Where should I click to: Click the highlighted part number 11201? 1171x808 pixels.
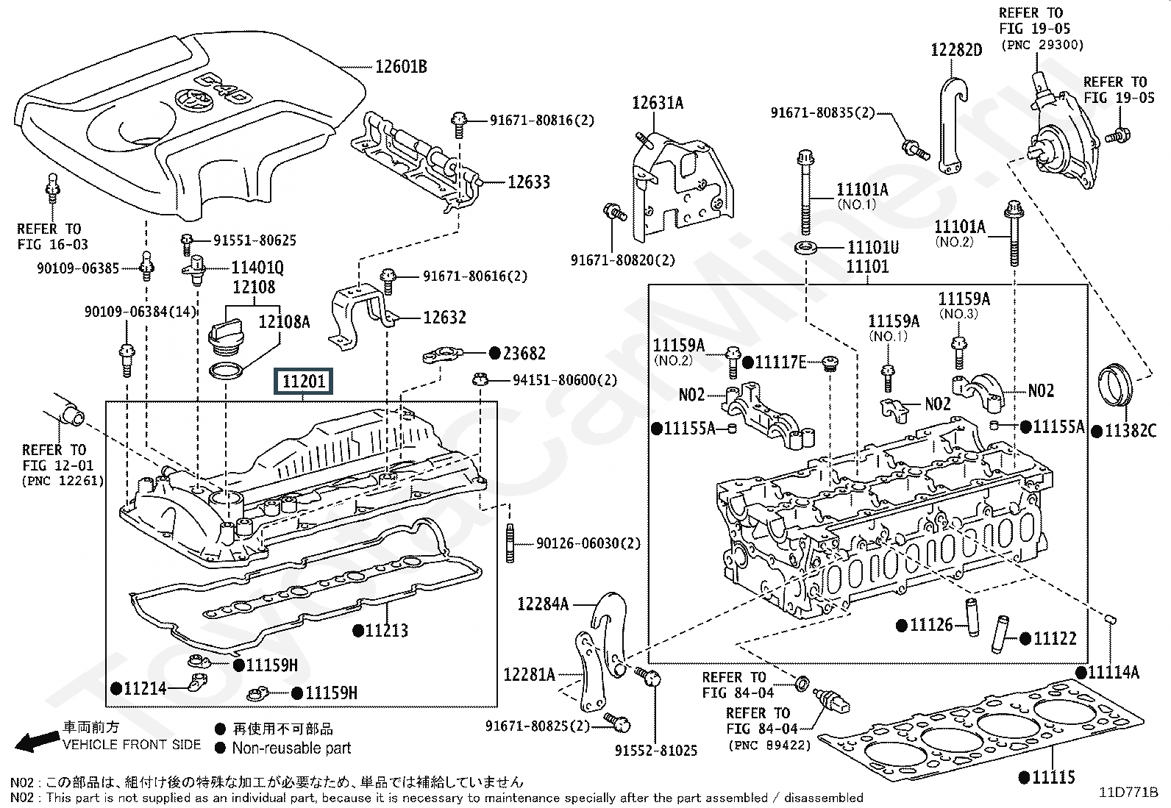304,381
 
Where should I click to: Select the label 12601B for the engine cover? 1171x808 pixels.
401,67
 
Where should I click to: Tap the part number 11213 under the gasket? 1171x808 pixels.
387,630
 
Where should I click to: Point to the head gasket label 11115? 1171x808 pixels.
1053,776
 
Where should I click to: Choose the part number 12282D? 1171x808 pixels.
956,50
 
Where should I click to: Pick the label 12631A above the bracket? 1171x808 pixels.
658,103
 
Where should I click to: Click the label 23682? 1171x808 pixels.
524,354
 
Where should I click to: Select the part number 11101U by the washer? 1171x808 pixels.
873,247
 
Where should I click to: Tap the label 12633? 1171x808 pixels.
528,182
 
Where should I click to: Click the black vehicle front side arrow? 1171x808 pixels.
36,741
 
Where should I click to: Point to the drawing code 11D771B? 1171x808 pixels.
1128,792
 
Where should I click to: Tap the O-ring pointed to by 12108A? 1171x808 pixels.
227,371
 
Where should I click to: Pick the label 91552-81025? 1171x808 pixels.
656,751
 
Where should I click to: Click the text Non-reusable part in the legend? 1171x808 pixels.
291,748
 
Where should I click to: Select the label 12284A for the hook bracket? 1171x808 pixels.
543,604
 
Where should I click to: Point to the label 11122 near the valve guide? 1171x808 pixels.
1054,639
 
